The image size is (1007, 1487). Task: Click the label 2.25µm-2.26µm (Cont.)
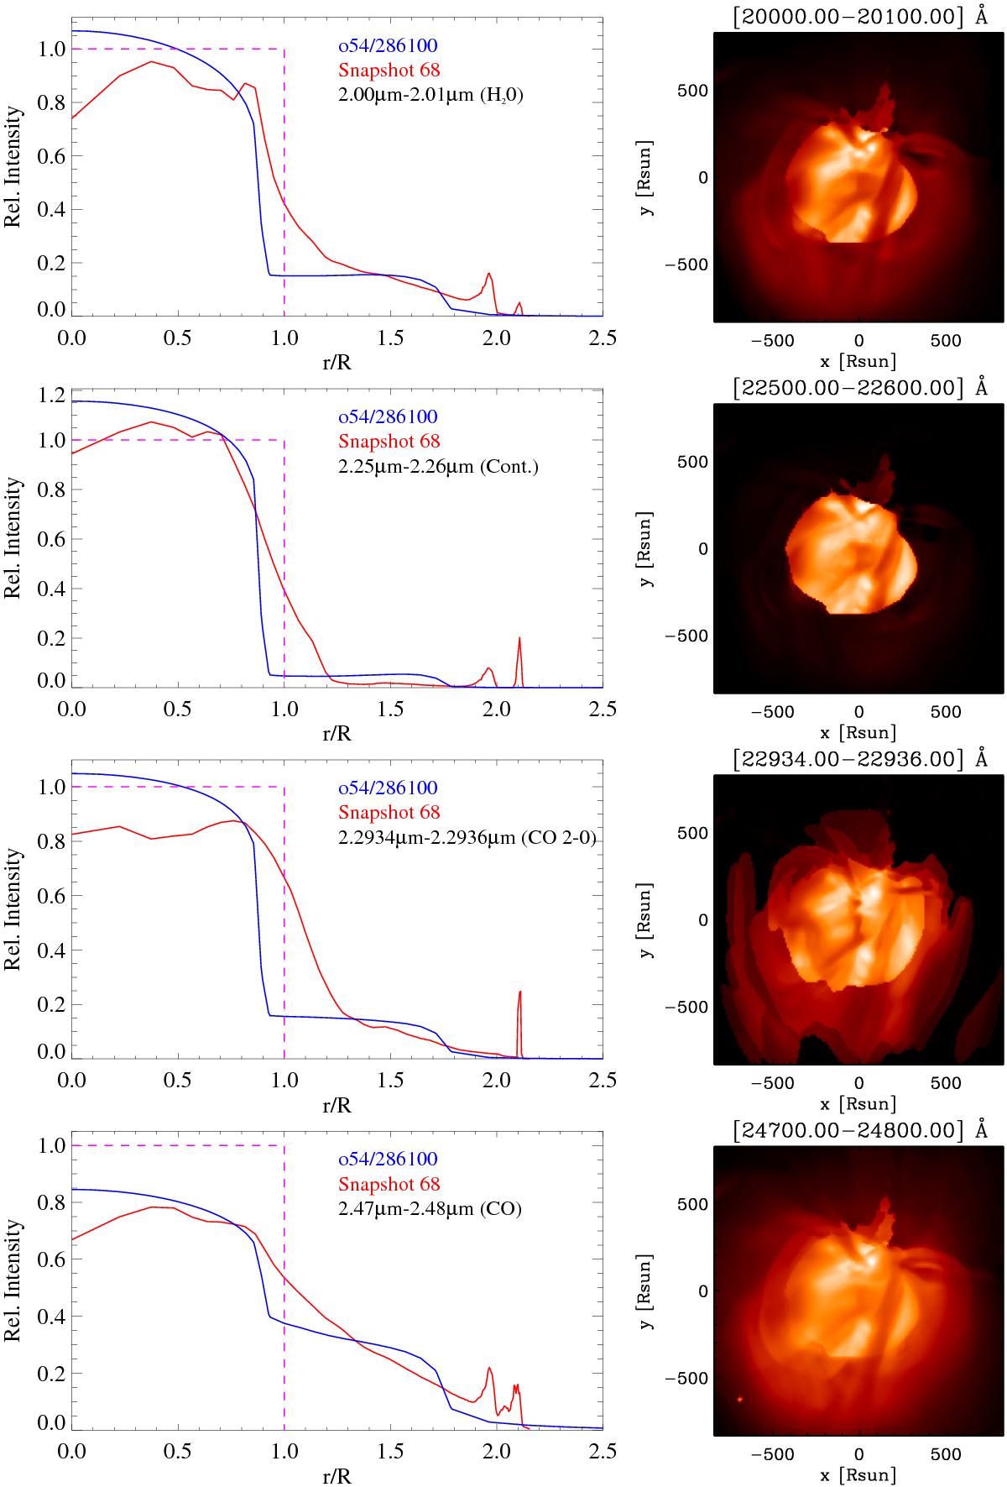point(437,466)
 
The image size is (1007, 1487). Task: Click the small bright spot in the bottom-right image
point(740,1399)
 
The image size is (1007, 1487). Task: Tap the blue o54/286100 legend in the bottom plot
point(387,1160)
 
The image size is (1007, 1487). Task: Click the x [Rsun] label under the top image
point(858,362)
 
